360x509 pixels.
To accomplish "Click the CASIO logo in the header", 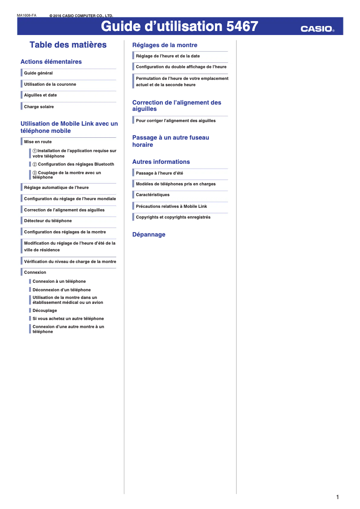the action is [317, 29].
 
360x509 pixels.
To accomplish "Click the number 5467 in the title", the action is [242, 26].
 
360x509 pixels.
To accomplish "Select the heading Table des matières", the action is [68, 45].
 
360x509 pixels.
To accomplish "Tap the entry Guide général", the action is [38, 73].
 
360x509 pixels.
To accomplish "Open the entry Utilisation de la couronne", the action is [50, 84].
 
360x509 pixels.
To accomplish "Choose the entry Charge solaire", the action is [39, 107].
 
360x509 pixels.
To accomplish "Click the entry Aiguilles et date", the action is [40, 95].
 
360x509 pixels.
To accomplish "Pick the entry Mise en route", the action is [38, 142].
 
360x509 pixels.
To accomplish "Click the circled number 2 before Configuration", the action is [35, 164].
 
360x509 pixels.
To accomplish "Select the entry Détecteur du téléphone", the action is [48, 221].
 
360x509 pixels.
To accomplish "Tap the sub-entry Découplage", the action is [44, 311].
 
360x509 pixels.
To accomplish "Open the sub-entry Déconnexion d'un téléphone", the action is [61, 290].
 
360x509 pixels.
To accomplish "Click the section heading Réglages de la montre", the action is [165, 45].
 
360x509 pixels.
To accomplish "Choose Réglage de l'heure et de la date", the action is [168, 56].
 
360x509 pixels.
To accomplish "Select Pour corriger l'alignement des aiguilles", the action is [176, 121].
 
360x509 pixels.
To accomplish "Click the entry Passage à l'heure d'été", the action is [159, 173].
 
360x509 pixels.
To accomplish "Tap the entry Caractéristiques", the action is [153, 195].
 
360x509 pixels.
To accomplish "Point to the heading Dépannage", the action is [149, 235].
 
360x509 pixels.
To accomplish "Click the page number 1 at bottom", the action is [337, 497].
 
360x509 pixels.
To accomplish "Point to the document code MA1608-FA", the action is [26, 16].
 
